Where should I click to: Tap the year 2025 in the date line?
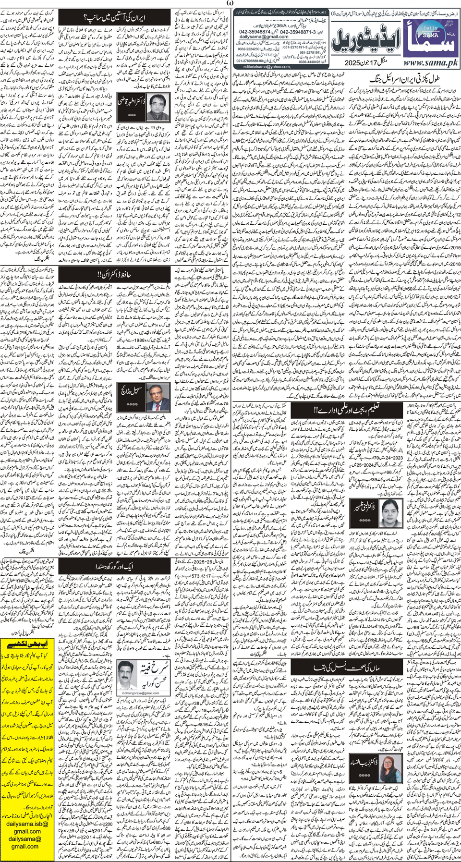click(x=352, y=63)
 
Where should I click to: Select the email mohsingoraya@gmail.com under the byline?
click(x=139, y=693)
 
